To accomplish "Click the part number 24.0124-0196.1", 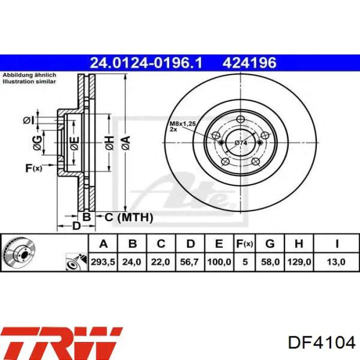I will (x=146, y=63).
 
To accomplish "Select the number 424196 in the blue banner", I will (x=249, y=63).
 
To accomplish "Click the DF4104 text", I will (x=321, y=343).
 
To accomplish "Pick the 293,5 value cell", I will (x=104, y=262).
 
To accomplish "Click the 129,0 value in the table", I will (x=299, y=262).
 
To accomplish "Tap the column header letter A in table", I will (x=104, y=243).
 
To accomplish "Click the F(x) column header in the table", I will (x=244, y=243).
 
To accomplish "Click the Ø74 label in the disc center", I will (x=241, y=142).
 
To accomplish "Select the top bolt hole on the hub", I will (x=240, y=119).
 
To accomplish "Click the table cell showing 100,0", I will (x=218, y=262).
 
